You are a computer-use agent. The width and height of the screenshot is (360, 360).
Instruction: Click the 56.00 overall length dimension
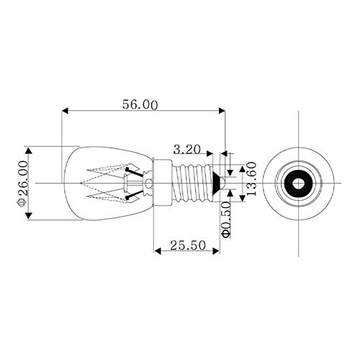point(140,104)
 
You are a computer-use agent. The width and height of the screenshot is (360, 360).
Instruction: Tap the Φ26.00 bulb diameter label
point(23,184)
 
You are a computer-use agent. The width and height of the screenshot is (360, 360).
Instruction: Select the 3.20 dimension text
point(187,150)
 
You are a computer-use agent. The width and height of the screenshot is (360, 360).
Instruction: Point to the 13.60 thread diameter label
point(251,179)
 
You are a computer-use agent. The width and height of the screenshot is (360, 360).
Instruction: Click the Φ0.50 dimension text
point(225,220)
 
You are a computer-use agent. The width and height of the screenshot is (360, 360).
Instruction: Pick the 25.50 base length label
point(188,246)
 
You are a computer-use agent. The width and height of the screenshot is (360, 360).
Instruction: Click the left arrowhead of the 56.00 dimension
point(66,111)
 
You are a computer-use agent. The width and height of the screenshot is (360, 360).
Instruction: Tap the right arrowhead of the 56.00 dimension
point(222,111)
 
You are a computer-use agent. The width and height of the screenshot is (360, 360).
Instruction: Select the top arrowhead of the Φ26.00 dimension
point(29,151)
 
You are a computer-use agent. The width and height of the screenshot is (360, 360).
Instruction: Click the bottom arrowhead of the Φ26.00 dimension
point(29,215)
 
